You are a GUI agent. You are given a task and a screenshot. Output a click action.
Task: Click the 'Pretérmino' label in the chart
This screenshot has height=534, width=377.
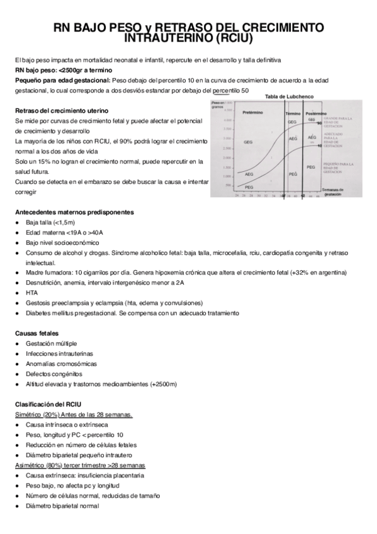[252, 113]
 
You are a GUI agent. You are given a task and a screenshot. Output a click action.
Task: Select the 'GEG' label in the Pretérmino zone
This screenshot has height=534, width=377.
[249, 142]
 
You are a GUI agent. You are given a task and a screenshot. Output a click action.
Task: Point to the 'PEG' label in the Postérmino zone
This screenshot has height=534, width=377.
[310, 167]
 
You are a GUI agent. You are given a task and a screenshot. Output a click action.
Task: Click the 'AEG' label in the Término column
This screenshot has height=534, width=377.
[293, 139]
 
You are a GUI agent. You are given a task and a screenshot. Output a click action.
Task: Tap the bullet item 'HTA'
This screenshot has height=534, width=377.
[31, 293]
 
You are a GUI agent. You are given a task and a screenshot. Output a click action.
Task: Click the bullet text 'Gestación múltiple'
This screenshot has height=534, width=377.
[52, 343]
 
